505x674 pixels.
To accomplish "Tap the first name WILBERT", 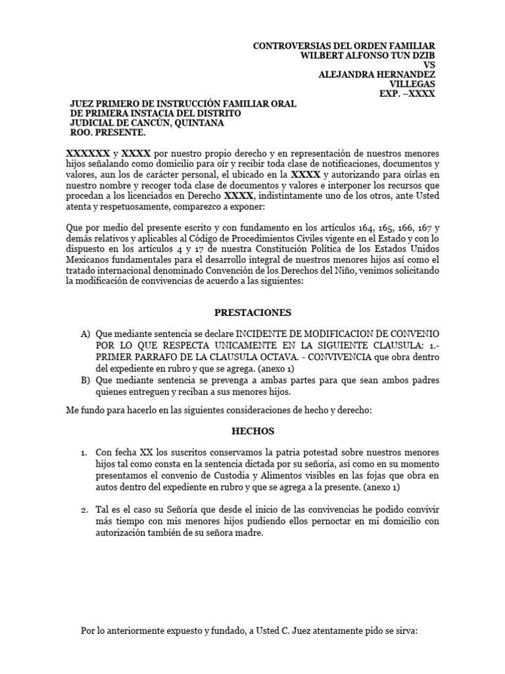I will [321, 55].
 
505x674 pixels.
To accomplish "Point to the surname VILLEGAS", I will [412, 84].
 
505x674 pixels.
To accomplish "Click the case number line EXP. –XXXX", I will [407, 94].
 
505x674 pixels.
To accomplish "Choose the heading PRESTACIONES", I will [252, 312].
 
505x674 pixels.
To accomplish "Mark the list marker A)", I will [85, 334].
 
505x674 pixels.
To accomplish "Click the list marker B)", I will [85, 380].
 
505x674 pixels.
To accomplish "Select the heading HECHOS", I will [252, 432].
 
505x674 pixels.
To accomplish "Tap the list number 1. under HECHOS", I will [84, 454].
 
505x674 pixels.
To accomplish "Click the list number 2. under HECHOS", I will [84, 510].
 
